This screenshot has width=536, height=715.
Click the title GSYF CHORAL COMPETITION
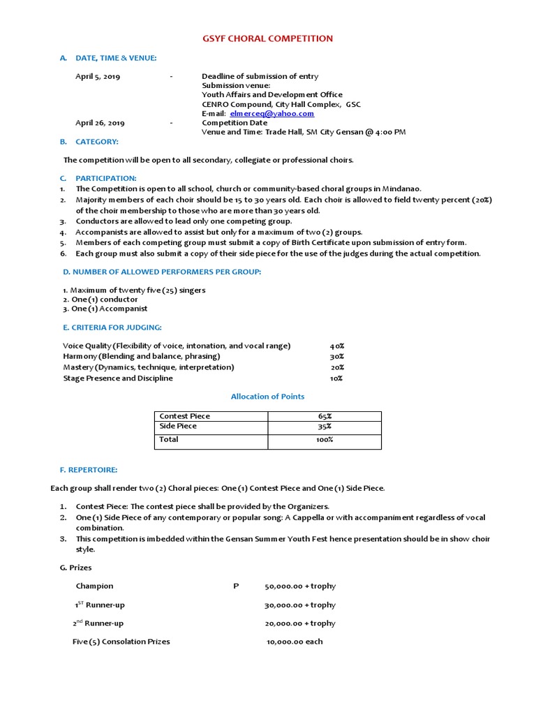268,38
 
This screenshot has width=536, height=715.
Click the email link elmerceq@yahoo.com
276,113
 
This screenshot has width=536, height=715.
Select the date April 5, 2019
98,77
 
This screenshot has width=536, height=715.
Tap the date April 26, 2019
100,123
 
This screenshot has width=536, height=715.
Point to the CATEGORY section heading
97,142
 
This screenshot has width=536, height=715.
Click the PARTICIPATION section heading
106,178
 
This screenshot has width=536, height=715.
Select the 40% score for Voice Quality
337,346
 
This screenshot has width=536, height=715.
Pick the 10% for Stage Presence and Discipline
336,378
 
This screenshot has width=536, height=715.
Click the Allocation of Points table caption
268,397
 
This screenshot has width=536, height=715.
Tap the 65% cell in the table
324,416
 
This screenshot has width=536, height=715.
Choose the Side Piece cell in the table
179,426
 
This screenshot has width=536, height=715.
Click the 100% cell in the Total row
324,440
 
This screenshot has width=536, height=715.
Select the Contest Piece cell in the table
185,416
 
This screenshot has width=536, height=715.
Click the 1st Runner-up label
100,605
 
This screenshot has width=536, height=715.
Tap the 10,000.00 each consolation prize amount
295,642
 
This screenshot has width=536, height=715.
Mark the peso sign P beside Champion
236,587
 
